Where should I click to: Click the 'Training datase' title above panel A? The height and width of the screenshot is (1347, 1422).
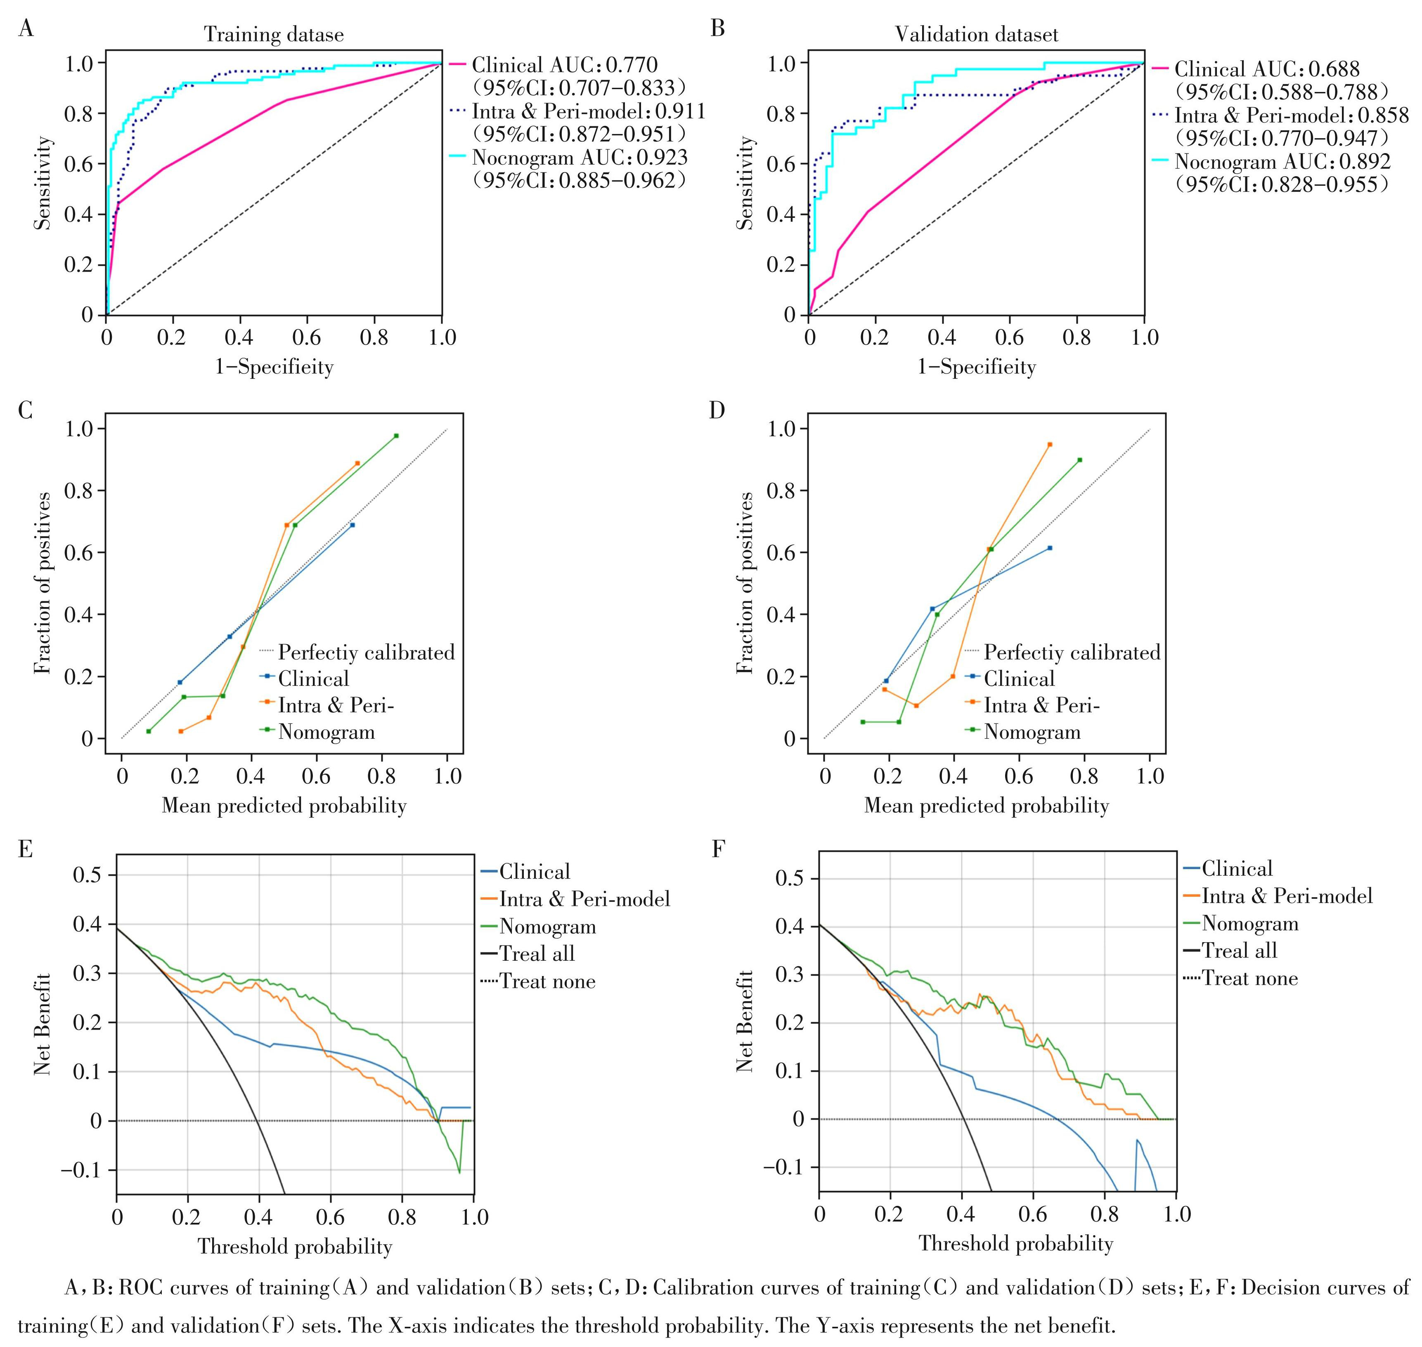274,35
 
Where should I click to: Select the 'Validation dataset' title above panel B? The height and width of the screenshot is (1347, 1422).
976,35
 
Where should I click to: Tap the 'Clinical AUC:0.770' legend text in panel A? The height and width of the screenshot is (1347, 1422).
565,65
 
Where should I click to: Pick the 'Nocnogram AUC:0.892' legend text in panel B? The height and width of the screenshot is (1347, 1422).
1282,161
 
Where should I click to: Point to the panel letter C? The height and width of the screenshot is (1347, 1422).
25,411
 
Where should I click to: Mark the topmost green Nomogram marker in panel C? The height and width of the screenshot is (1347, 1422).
396,436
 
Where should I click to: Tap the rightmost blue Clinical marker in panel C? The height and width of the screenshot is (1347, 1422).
352,525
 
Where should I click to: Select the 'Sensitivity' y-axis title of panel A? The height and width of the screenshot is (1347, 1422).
43,183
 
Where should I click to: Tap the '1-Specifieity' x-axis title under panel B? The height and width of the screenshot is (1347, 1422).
977,367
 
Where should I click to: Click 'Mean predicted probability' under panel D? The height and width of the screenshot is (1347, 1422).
986,806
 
